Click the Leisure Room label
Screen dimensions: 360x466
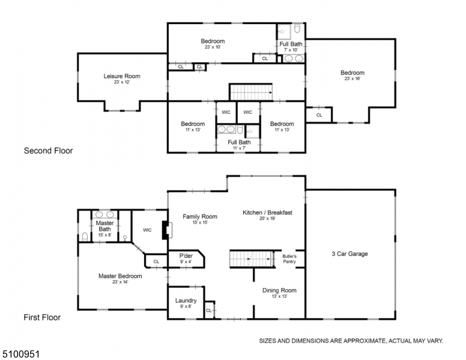click(x=122, y=76)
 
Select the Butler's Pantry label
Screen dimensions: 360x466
click(x=289, y=259)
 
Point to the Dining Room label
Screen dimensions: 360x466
click(x=279, y=290)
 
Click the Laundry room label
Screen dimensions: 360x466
click(x=186, y=301)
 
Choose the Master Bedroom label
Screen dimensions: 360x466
click(x=120, y=276)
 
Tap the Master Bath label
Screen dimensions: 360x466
click(x=104, y=226)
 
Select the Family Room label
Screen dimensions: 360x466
click(x=200, y=217)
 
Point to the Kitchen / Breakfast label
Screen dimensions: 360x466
click(x=267, y=212)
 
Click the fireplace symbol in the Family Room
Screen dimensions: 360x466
click(x=165, y=230)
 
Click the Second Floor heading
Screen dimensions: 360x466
click(x=48, y=151)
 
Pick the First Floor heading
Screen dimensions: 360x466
click(x=41, y=317)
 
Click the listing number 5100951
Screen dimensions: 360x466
click(x=20, y=347)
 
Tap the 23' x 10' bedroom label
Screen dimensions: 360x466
click(x=213, y=41)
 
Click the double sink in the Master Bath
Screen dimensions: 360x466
click(x=105, y=214)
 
